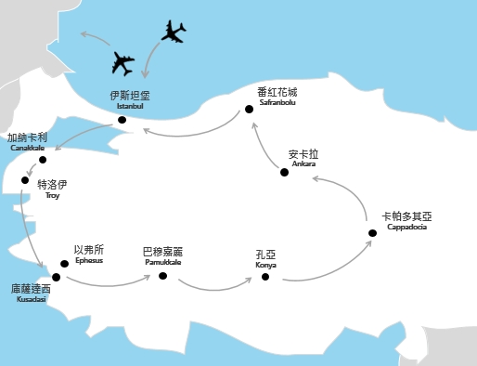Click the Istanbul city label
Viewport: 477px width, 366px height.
tap(129, 100)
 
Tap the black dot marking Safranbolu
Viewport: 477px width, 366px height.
tap(249, 111)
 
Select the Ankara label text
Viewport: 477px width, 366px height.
tap(303, 158)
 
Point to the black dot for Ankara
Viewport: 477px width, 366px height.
tap(284, 172)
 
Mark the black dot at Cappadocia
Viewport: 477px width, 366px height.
tap(371, 232)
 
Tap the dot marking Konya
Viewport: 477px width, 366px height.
tap(265, 276)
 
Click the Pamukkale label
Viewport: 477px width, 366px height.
tap(162, 255)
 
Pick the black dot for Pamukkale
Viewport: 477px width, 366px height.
tap(162, 275)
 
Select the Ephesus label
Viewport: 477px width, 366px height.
tap(88, 254)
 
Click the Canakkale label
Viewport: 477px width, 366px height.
tap(27, 142)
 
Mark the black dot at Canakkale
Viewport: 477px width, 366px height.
tap(43, 160)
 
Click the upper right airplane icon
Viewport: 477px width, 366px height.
tap(174, 33)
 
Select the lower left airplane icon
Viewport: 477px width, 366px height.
tap(122, 64)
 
